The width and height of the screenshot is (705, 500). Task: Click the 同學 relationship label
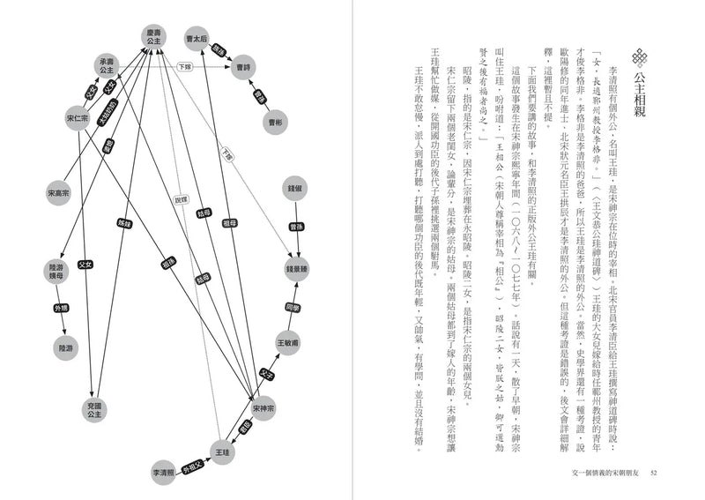click(x=293, y=307)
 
